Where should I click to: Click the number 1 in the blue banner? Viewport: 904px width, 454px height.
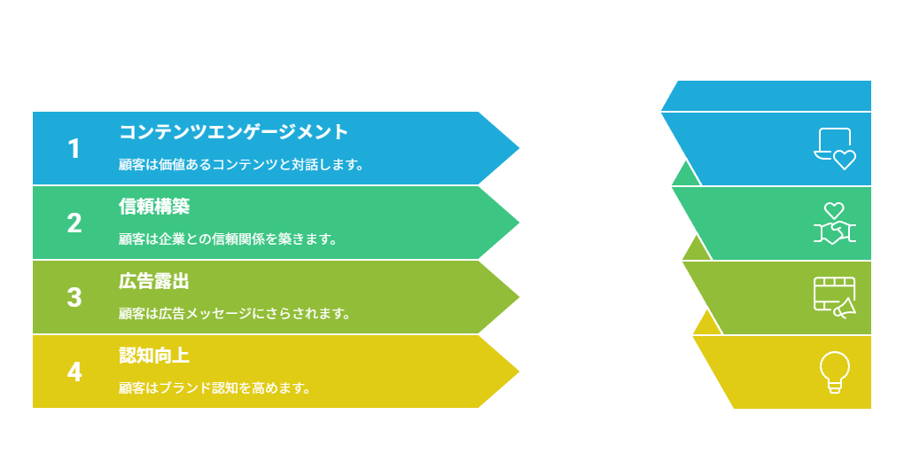[74, 149]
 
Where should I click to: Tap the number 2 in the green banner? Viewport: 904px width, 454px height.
[74, 223]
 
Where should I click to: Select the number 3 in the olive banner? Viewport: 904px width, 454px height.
[74, 298]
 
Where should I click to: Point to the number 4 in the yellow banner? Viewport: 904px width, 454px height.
[74, 372]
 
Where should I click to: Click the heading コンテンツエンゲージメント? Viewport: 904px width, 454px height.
[233, 131]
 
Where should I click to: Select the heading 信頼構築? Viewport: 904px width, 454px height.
[154, 207]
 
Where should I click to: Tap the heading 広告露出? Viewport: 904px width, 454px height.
[154, 281]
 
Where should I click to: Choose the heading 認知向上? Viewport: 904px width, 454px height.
[154, 356]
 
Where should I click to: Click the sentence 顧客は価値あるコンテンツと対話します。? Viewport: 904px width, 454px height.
[242, 164]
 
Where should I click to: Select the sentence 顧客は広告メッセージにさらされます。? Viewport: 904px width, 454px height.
[235, 313]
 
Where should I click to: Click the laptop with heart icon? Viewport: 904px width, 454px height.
[835, 149]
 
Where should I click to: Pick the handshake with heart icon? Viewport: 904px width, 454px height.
[835, 223]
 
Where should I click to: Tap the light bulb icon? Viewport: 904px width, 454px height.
[835, 372]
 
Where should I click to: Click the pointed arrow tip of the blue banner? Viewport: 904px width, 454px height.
[518, 148]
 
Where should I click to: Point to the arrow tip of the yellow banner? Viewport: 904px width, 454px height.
[518, 372]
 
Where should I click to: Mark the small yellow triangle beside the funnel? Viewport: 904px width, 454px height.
[707, 325]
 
